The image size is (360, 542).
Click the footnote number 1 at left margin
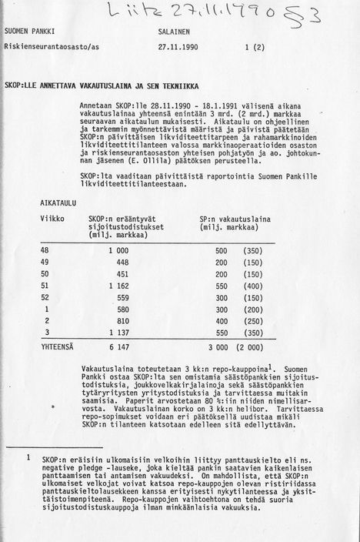(x=29, y=457)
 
